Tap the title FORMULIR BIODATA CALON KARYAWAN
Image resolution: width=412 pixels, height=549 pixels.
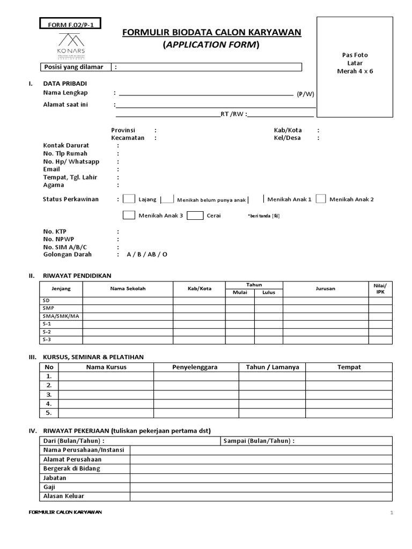[x=212, y=33]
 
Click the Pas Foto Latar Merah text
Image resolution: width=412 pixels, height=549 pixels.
[x=355, y=63]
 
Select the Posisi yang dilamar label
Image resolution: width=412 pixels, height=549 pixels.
[x=76, y=67]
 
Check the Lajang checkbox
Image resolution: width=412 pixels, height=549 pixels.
[x=129, y=199]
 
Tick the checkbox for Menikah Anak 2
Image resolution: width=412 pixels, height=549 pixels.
[x=321, y=199]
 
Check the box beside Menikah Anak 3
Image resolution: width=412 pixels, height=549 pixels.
[x=129, y=216]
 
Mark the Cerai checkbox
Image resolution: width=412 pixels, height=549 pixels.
[x=195, y=216]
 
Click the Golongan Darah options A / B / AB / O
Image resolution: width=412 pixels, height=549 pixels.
[x=147, y=254]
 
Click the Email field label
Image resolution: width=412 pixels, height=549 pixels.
[x=52, y=169]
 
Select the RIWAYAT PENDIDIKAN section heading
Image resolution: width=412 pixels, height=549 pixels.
[x=77, y=276]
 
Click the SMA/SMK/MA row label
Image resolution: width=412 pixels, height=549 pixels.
[x=61, y=316]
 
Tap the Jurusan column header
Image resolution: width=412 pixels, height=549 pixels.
[x=325, y=288]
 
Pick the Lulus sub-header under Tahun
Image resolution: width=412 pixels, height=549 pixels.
[x=268, y=293]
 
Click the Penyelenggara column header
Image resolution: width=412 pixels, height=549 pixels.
[x=196, y=367]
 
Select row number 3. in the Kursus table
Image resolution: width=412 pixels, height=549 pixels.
[x=49, y=395]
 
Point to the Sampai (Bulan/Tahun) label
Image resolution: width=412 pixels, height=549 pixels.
[x=258, y=441]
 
